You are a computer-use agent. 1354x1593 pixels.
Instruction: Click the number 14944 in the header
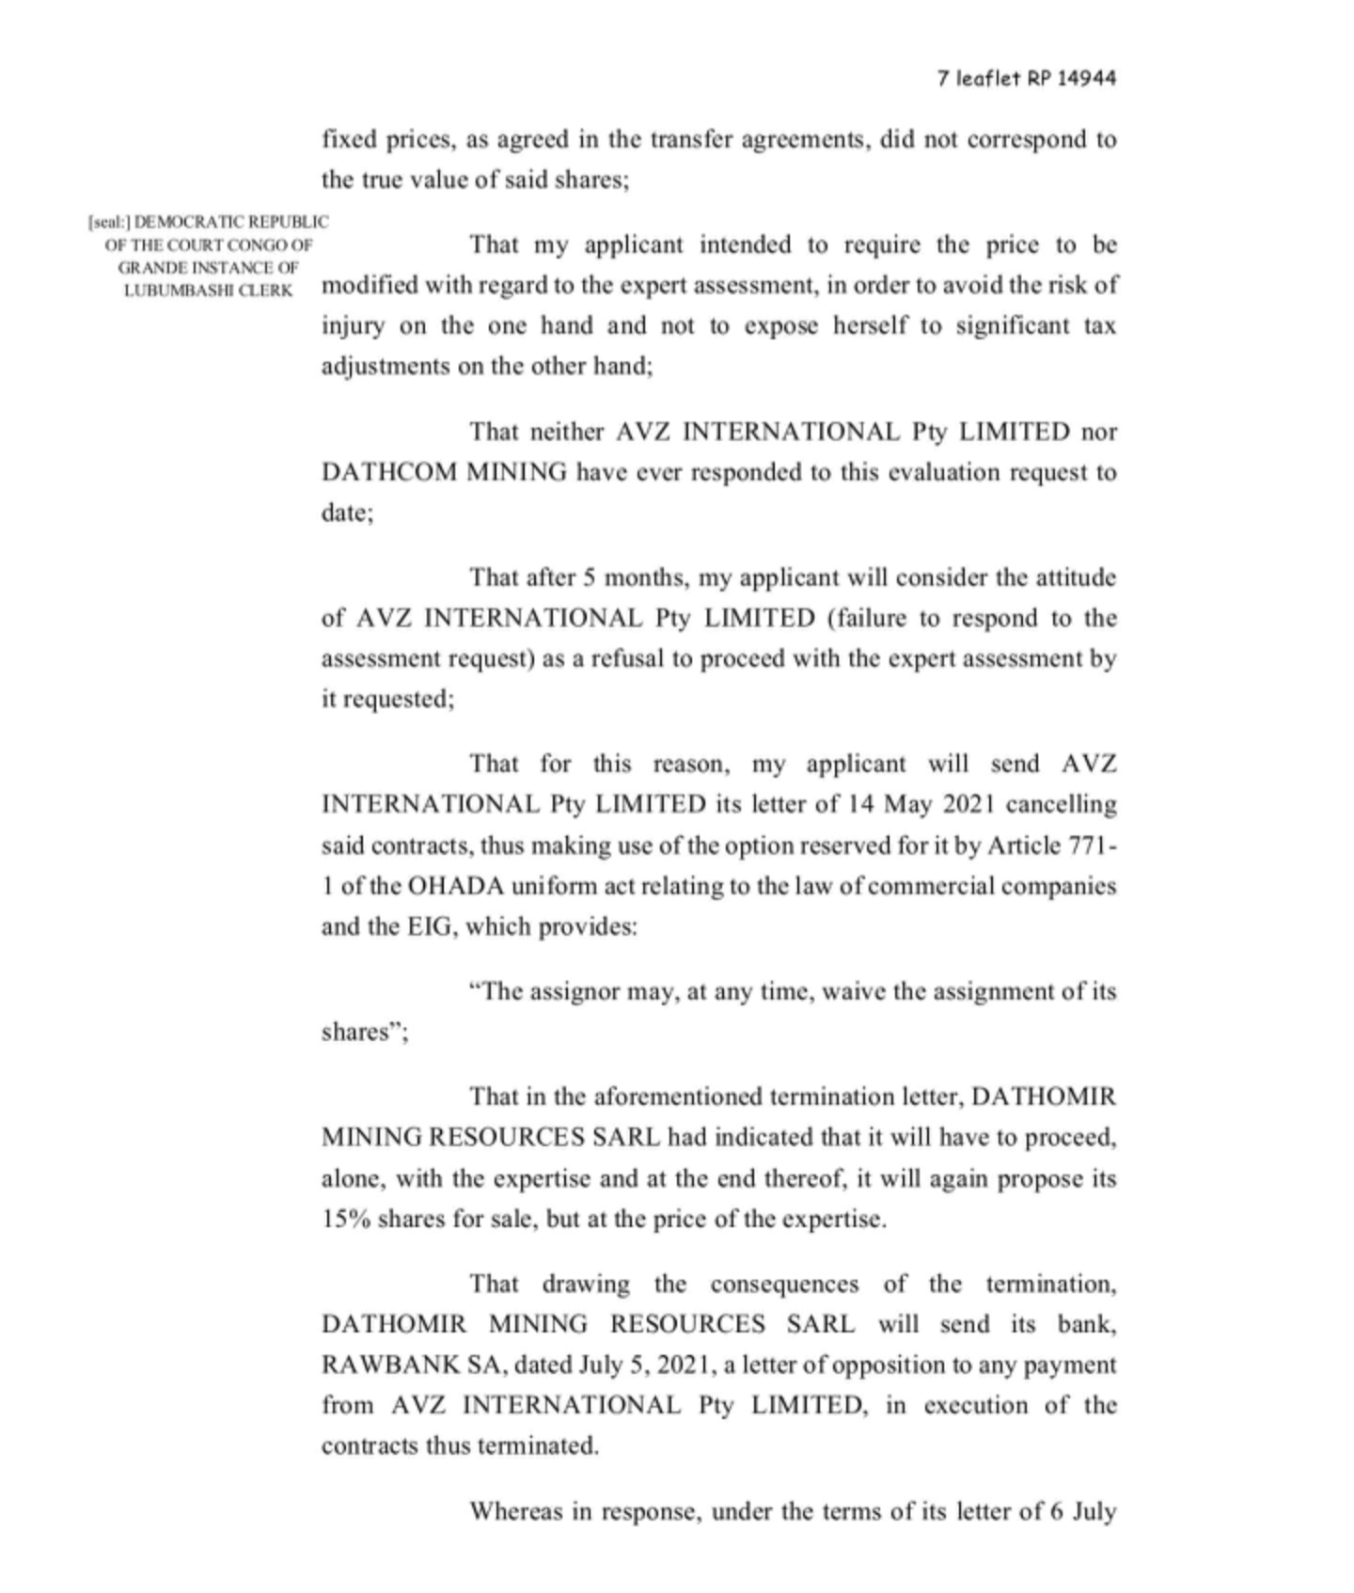click(1086, 78)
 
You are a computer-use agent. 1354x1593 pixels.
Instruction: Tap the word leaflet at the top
click(987, 78)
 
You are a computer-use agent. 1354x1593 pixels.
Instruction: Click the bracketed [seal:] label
click(109, 223)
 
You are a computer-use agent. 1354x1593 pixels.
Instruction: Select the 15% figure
click(345, 1219)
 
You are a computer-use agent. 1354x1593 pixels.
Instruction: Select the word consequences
click(784, 1284)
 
